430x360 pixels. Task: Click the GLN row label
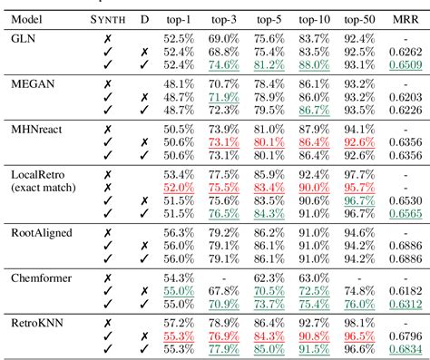point(23,40)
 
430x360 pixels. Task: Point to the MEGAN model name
point(31,83)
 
